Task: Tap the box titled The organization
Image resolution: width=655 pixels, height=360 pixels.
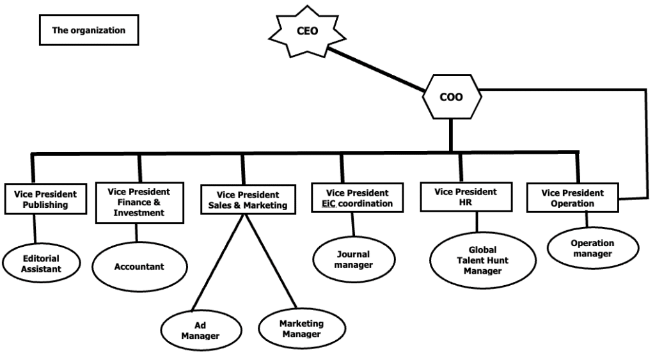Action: pyautogui.click(x=88, y=30)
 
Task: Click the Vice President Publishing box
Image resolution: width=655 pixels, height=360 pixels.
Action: pyautogui.click(x=45, y=200)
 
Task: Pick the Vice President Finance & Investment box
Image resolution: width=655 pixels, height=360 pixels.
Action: pyautogui.click(x=139, y=201)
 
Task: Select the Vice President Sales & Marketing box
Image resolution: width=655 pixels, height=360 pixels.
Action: pyautogui.click(x=248, y=200)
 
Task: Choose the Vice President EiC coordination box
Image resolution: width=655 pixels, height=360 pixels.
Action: pyautogui.click(x=358, y=198)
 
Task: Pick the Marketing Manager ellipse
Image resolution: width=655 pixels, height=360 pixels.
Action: pyautogui.click(x=301, y=329)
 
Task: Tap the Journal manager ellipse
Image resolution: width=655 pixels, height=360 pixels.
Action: pyautogui.click(x=353, y=260)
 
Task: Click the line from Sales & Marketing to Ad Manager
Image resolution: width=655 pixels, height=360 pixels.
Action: pyautogui.click(x=220, y=262)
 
